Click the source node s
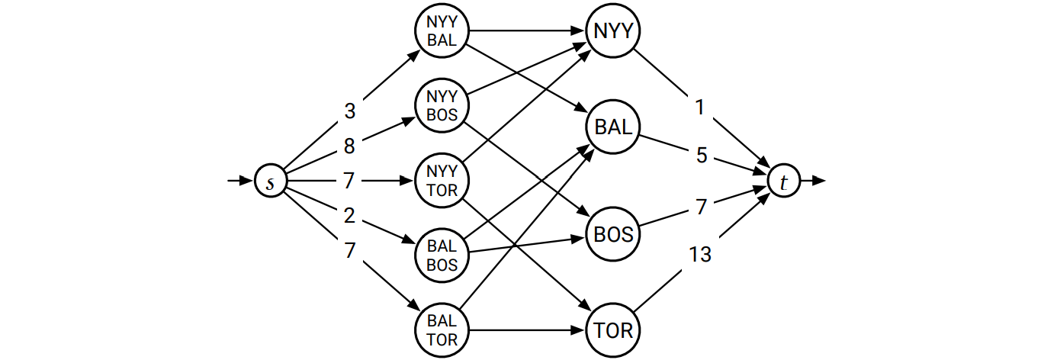pyautogui.click(x=269, y=182)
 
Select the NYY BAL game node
pyautogui.click(x=442, y=32)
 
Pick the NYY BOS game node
pyautogui.click(x=442, y=106)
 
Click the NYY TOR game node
pyautogui.click(x=442, y=182)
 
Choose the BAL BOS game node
pyautogui.click(x=442, y=256)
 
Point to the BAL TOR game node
pyautogui.click(x=442, y=330)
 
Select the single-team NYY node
pyautogui.click(x=614, y=32)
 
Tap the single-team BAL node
pyautogui.click(x=614, y=128)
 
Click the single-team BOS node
pyautogui.click(x=614, y=235)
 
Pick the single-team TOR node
pyautogui.click(x=614, y=331)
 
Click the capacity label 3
pyautogui.click(x=349, y=111)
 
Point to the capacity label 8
pyautogui.click(x=349, y=146)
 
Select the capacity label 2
pyautogui.click(x=349, y=216)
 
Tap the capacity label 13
pyautogui.click(x=700, y=255)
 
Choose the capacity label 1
pyautogui.click(x=700, y=108)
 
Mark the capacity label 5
pyautogui.click(x=702, y=156)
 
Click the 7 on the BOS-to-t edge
pyautogui.click(x=702, y=207)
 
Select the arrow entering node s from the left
pyautogui.click(x=241, y=182)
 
